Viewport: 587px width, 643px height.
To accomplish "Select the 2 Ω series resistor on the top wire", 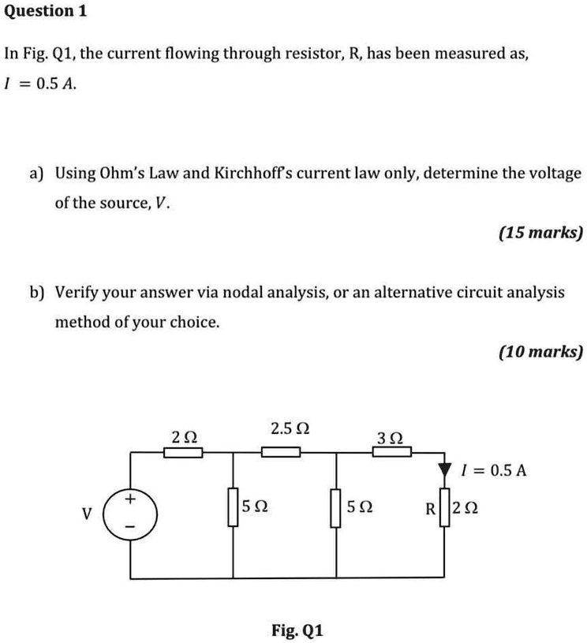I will pos(182,452).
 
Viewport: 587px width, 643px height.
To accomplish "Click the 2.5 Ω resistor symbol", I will pos(280,452).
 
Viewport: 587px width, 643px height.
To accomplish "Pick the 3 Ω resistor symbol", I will pos(392,452).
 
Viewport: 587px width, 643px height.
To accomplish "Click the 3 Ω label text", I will pos(391,436).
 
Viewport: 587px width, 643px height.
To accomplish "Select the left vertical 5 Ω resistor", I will pos(233,507).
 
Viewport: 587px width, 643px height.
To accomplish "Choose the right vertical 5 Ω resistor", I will pos(337,507).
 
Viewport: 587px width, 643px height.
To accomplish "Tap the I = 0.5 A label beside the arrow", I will pos(492,471).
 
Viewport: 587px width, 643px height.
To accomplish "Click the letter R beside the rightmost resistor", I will pos(429,509).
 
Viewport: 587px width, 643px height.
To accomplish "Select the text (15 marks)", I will pos(540,233).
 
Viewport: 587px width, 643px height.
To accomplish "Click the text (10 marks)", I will pos(540,352).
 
